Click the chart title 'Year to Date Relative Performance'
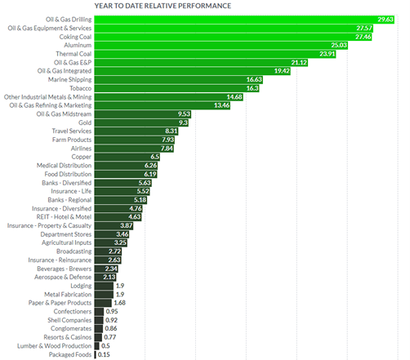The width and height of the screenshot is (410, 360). click(163, 6)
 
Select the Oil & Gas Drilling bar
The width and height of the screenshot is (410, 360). click(244, 20)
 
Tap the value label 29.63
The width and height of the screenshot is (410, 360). click(385, 20)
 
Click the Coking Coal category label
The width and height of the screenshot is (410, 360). click(75, 37)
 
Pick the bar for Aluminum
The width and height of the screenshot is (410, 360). click(221, 46)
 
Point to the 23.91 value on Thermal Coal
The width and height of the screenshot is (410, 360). click(327, 54)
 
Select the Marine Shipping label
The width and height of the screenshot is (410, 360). click(70, 80)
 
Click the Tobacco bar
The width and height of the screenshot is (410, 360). click(176, 88)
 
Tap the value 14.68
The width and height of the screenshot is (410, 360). click(234, 97)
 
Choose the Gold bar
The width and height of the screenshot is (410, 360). click(141, 122)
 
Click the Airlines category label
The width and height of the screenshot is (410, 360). click(81, 149)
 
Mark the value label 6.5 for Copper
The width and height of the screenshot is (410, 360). click(155, 157)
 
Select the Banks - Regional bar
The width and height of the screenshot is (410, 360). click(121, 200)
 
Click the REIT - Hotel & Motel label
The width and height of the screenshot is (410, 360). click(64, 217)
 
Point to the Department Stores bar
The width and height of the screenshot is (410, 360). click(112, 234)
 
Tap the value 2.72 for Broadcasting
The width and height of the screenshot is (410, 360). click(114, 251)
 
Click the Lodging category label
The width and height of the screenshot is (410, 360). click(81, 286)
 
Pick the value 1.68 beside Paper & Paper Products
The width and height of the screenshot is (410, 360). click(120, 303)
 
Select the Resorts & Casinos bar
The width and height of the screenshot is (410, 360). click(98, 337)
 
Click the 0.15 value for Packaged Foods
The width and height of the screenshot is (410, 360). click(104, 354)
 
